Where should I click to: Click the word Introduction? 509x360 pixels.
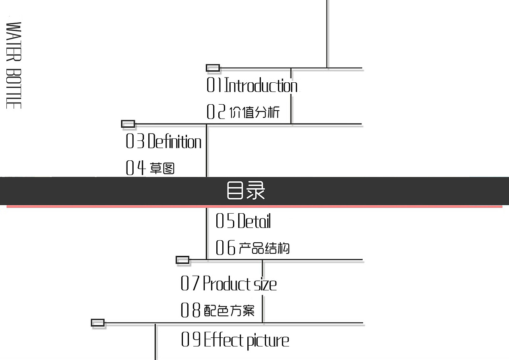pos(261,86)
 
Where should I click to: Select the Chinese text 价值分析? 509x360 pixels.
pos(254,113)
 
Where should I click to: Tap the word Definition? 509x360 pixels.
pos(175,142)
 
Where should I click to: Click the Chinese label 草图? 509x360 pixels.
pos(162,169)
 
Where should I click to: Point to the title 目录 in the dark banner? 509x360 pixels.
pos(246,191)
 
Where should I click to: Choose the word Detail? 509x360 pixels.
pos(254,221)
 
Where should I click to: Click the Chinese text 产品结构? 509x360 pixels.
pos(264,248)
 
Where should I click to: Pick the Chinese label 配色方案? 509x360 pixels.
pos(229,310)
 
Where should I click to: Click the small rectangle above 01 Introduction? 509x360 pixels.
pos(213,68)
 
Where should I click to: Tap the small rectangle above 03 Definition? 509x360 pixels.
pos(128,124)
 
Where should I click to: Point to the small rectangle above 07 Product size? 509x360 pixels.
pos(183,260)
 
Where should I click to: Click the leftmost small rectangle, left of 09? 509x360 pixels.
pos(98,323)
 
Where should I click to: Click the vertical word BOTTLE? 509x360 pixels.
pos(14,88)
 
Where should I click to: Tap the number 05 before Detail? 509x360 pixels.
pos(225,221)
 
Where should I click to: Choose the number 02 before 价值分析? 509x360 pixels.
pos(216,112)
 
